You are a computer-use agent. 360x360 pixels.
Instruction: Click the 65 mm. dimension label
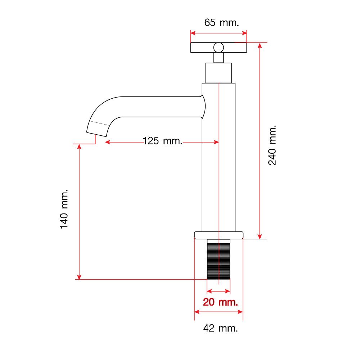coord(221,23)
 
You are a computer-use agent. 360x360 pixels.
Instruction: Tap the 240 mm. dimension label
coord(272,145)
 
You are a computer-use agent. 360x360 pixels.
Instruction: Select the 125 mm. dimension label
coord(163,141)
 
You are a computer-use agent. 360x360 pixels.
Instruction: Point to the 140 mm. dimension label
coord(64,209)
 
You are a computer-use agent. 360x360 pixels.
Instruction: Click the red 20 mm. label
coord(220,302)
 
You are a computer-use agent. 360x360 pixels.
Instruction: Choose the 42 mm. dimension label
coord(220,328)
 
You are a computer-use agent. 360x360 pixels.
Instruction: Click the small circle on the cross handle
coord(219,48)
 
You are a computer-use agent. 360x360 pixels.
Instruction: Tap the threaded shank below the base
coord(219,259)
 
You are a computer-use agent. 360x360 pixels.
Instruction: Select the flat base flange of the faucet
coord(219,235)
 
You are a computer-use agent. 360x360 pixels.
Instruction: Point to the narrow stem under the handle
coord(219,58)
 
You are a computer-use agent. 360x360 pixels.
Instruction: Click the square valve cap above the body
coord(219,73)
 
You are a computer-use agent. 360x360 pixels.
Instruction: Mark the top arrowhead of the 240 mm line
coord(260,45)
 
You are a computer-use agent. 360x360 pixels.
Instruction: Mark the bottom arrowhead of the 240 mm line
coord(260,236)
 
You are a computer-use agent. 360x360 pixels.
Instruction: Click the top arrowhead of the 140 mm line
coord(79,147)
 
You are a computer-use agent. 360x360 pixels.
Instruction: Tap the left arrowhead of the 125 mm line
coord(108,142)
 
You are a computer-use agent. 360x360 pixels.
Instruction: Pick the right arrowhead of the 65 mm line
coord(244,33)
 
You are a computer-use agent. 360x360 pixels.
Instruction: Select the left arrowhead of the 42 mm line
coord(197,312)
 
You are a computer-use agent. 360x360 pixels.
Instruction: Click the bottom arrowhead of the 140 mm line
coord(79,276)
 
